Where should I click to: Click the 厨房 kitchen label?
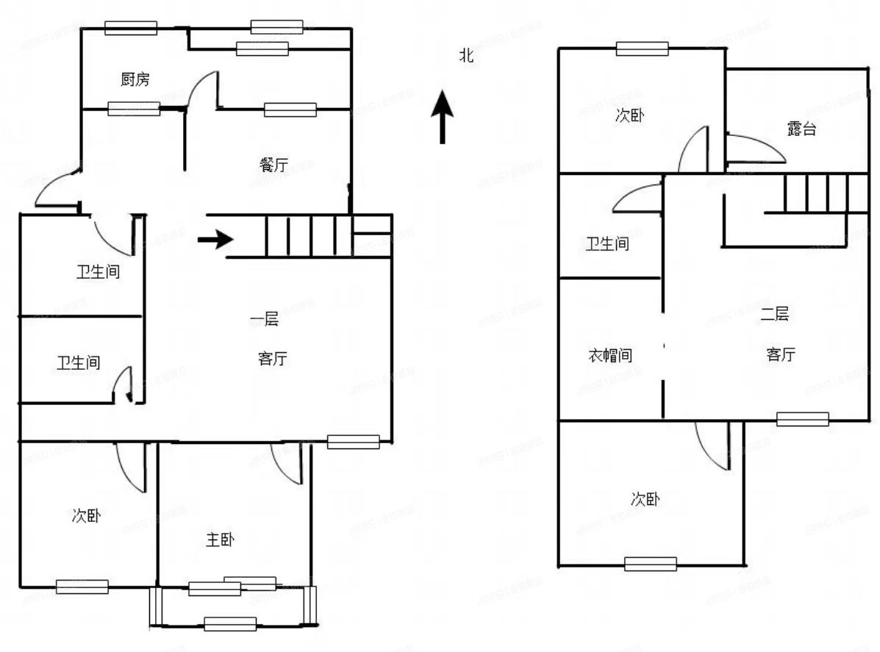coord(135,79)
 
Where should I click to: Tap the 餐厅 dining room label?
coord(273,165)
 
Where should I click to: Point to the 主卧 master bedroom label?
coord(220,540)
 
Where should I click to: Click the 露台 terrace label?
coord(801,129)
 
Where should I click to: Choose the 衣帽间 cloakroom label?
coord(610,355)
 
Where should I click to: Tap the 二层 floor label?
coord(775,315)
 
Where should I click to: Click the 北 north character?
coord(466,55)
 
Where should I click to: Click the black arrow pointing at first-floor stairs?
coord(215,240)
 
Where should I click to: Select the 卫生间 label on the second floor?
coord(607,243)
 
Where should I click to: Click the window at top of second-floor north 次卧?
coord(642,49)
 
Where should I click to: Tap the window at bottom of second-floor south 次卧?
coord(650,564)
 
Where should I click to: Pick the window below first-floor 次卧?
coord(82,587)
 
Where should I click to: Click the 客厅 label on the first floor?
coord(272,359)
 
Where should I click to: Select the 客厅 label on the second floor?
coord(780,354)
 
